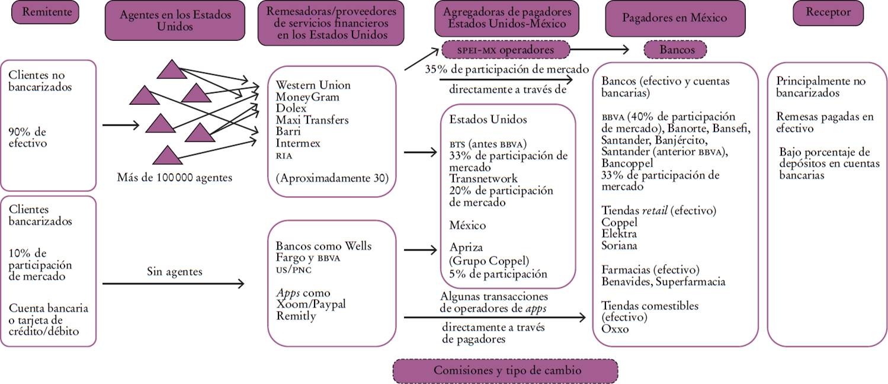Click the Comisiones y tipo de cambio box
point(505,371)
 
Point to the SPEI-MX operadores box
point(505,50)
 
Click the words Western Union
point(313,85)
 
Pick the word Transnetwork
point(483,178)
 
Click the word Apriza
point(466,248)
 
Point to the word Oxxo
point(614,329)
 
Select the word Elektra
point(618,234)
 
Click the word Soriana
point(619,245)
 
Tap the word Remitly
point(296,316)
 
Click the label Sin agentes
point(174,272)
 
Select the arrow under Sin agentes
point(173,284)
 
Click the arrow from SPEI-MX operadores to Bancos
point(601,50)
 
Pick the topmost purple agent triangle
point(172,69)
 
